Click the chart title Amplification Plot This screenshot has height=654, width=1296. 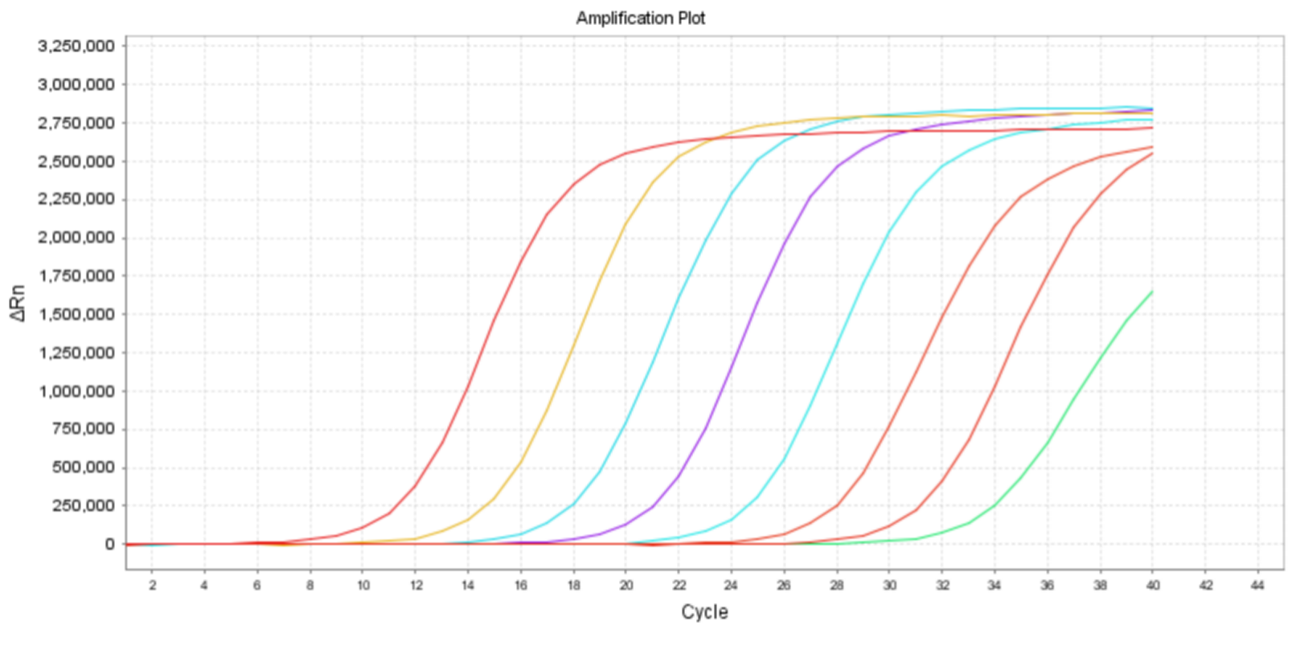click(x=640, y=18)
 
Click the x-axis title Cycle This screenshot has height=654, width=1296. click(x=704, y=612)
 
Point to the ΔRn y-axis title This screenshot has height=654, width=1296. click(x=18, y=303)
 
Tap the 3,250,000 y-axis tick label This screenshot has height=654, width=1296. click(x=76, y=46)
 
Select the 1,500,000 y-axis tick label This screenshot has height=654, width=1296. click(x=76, y=314)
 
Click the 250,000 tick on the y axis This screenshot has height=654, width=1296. click(x=83, y=505)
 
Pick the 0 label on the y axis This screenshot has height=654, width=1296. click(x=109, y=544)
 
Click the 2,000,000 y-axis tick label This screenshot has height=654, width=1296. click(x=76, y=238)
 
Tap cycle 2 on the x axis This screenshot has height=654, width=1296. click(x=152, y=585)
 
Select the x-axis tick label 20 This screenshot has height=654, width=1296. click(x=626, y=585)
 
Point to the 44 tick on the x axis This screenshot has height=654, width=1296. click(x=1257, y=585)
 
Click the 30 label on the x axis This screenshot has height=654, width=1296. click(x=889, y=585)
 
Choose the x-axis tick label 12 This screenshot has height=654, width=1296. click(x=416, y=585)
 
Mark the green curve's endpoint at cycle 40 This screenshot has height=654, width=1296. click(x=1152, y=292)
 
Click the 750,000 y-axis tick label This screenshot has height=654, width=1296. click(x=83, y=429)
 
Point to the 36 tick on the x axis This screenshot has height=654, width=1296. click(x=1047, y=585)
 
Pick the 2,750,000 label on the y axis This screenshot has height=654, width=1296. click(x=76, y=123)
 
